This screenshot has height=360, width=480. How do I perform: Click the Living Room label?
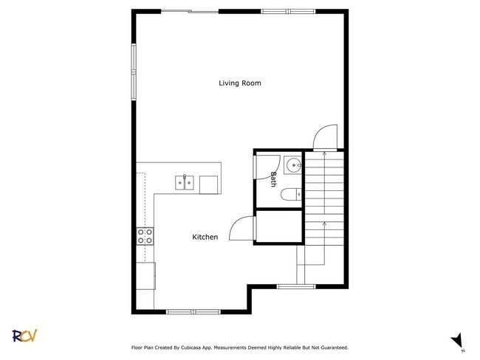pyautogui.click(x=239, y=83)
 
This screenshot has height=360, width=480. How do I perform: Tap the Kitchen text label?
pyautogui.click(x=205, y=237)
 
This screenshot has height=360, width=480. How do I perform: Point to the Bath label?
pyautogui.click(x=273, y=179)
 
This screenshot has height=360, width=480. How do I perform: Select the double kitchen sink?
pyautogui.click(x=185, y=182)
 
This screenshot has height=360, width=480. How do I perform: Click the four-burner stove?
pyautogui.click(x=145, y=236)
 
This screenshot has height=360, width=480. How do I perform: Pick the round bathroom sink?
pyautogui.click(x=293, y=165)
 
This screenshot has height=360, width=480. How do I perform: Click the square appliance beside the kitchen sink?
pyautogui.click(x=209, y=184)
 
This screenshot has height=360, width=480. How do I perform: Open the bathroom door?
pyautogui.click(x=262, y=166)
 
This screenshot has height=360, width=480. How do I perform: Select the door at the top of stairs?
pyautogui.click(x=325, y=138)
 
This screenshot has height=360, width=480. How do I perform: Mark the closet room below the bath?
pyautogui.click(x=278, y=226)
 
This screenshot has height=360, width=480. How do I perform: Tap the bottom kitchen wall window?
pyautogui.click(x=193, y=311)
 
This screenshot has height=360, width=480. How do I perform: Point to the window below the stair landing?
pyautogui.click(x=296, y=286)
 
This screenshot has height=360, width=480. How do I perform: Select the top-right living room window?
pyautogui.click(x=288, y=12)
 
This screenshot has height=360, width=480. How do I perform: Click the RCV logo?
pyautogui.click(x=24, y=336)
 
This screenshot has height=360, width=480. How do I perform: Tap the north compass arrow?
pyautogui.click(x=457, y=340)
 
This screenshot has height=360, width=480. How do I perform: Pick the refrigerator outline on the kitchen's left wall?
pyautogui.click(x=145, y=275)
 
